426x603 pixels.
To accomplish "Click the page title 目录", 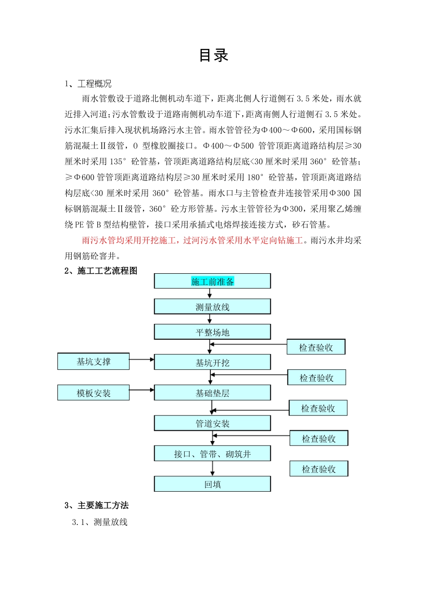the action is (213, 56).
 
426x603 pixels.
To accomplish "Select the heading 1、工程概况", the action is (88, 84).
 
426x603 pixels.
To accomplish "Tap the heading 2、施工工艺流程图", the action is (101, 271).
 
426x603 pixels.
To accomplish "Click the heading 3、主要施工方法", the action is (96, 506).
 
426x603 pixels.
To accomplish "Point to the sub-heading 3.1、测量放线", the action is (100, 522).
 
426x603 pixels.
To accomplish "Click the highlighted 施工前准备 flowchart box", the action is (213, 281).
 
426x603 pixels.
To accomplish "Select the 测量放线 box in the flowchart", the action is (213, 307).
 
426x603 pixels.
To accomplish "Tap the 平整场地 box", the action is (213, 332).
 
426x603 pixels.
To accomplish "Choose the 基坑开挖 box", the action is (213, 363).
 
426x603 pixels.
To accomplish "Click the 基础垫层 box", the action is (213, 393).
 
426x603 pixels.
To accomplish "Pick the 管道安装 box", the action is (213, 424).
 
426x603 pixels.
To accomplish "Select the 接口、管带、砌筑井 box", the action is (213, 454).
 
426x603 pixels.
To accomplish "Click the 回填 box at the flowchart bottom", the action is (213, 485).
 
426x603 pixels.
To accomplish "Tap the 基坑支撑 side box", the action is (93, 362).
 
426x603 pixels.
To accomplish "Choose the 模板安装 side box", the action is (93, 393).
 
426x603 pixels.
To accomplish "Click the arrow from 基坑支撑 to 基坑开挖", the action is (142, 359).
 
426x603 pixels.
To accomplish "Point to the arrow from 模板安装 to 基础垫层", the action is (142, 390).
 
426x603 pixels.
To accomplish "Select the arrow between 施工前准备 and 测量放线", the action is (209, 293).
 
